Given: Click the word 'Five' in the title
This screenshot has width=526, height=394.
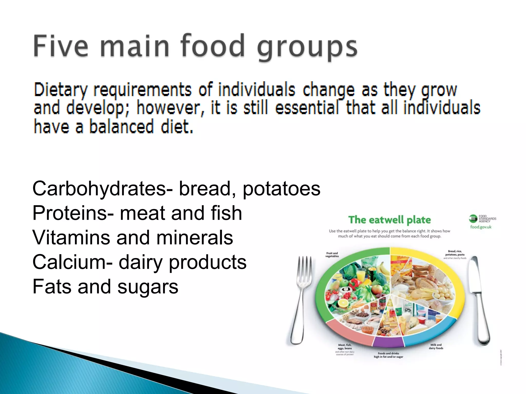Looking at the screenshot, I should [61, 46].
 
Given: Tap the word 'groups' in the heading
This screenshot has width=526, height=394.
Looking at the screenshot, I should [307, 47].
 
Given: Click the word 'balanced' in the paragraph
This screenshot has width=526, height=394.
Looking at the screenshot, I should [121, 127].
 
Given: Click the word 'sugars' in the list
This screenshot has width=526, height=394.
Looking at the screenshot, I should [148, 287].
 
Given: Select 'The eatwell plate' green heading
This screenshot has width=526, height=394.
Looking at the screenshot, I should [389, 220].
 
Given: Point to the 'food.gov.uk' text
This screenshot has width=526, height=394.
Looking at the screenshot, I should [481, 227].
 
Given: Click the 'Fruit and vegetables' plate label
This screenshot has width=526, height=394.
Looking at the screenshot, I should [332, 254].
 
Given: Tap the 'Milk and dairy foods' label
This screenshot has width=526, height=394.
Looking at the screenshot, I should [436, 347].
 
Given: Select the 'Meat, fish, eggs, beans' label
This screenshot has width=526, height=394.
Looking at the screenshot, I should [345, 347].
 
